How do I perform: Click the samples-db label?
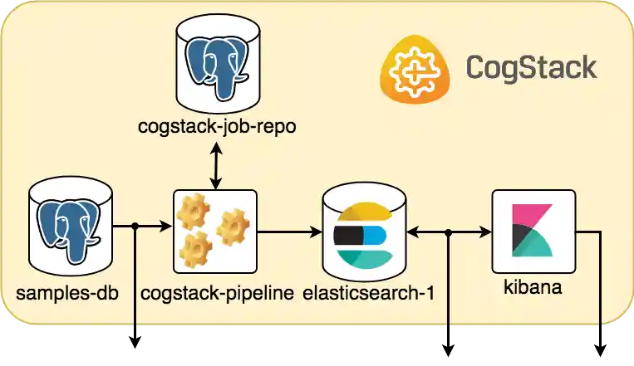click(x=67, y=292)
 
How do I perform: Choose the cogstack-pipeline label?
click(x=217, y=292)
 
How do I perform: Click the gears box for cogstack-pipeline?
click(x=215, y=232)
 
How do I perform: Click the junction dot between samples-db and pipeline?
click(x=134, y=226)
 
